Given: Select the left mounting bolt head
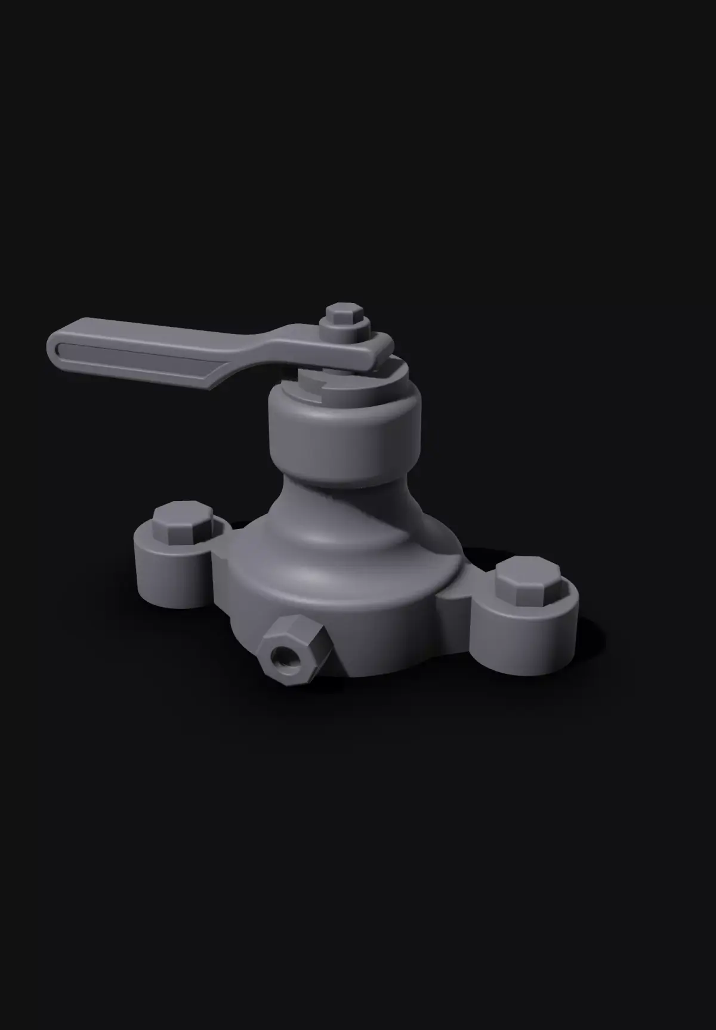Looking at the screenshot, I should [x=183, y=521].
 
